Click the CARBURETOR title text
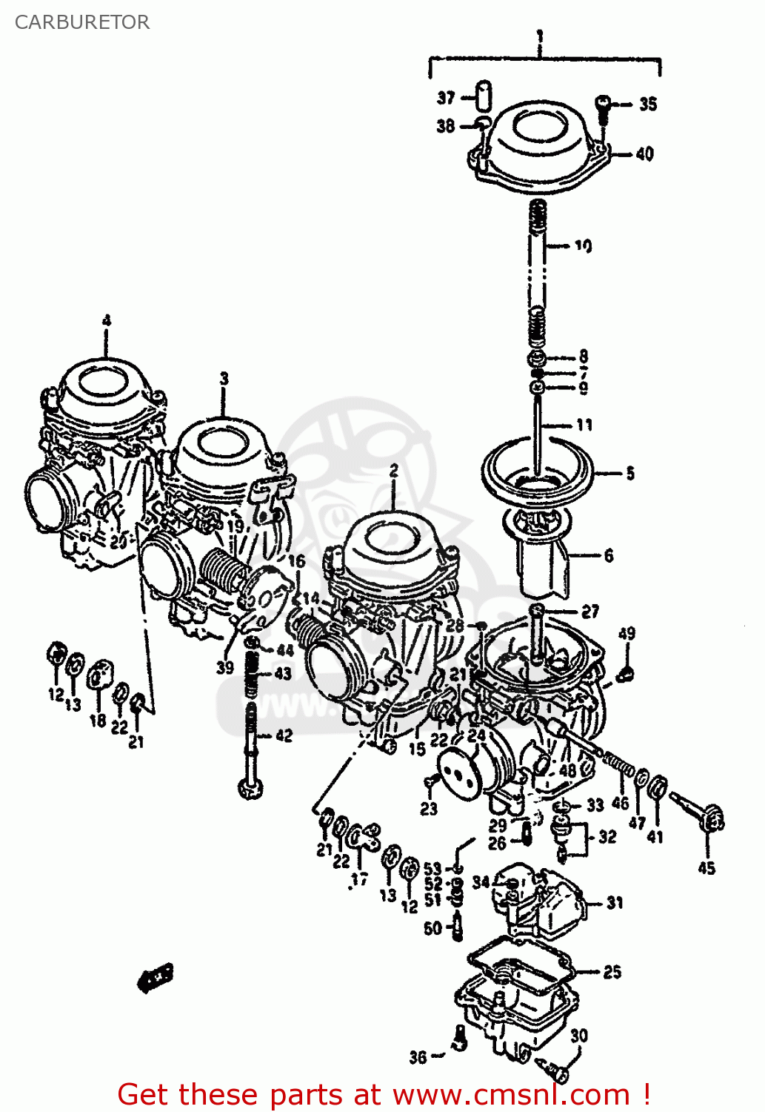click(82, 22)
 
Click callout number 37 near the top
click(446, 98)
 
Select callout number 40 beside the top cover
click(644, 154)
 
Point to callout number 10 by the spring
click(584, 245)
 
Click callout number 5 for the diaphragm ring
click(629, 473)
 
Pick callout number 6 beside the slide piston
click(608, 555)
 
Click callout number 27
click(589, 612)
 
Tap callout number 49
click(627, 634)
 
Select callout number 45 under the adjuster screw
click(706, 868)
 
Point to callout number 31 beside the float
click(615, 903)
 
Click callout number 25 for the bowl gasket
click(612, 972)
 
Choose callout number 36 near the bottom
click(418, 1056)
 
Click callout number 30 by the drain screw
click(579, 1036)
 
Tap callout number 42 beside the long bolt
click(284, 735)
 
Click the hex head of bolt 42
click(250, 787)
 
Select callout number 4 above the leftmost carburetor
click(107, 322)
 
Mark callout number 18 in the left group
click(98, 720)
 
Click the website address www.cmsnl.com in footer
click(510, 1095)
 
